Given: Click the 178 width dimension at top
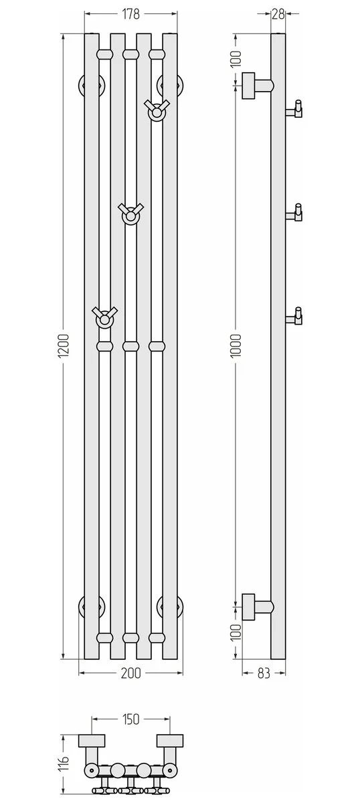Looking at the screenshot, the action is click(131, 14).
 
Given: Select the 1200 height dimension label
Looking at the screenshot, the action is click(64, 346).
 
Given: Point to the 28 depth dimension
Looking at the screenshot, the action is click(278, 14).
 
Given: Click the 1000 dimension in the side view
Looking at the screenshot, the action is click(236, 345).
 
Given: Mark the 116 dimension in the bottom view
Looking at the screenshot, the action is click(64, 760).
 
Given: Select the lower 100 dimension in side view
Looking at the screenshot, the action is click(236, 633).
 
